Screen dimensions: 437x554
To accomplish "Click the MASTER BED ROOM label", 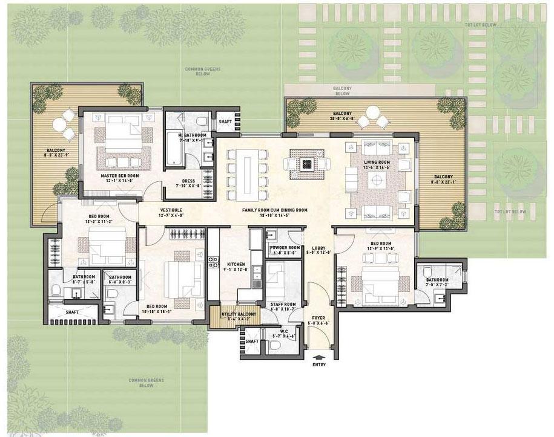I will [x=120, y=175].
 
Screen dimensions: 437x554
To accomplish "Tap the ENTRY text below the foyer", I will [x=320, y=365].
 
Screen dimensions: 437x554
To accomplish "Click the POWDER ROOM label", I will [x=285, y=247].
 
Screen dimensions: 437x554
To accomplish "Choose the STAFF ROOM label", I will [x=283, y=304].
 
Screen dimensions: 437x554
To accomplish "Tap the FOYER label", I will [x=318, y=318].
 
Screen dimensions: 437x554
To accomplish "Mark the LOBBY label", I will [x=319, y=248].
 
